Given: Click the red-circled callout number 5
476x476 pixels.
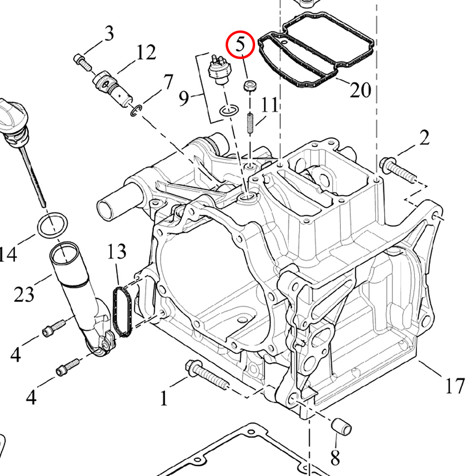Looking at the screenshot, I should pos(240,45).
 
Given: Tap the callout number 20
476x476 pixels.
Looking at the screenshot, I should pos(360,89).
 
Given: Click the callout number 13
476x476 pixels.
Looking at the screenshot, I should pos(117,251).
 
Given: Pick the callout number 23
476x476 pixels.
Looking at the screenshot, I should pos(24,295).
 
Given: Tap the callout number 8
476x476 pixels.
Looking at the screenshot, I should pos(335,458).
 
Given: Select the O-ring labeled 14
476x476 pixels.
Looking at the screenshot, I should pos(51,225).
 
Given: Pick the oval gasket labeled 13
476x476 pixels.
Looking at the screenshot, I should pos(122,311).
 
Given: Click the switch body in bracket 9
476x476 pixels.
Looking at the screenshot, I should pos(219,72).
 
